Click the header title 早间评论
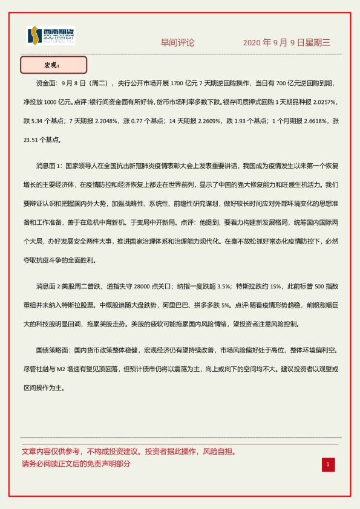point(178,42)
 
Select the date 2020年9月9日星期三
point(287,42)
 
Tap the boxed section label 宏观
point(53,65)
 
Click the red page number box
point(327,464)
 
